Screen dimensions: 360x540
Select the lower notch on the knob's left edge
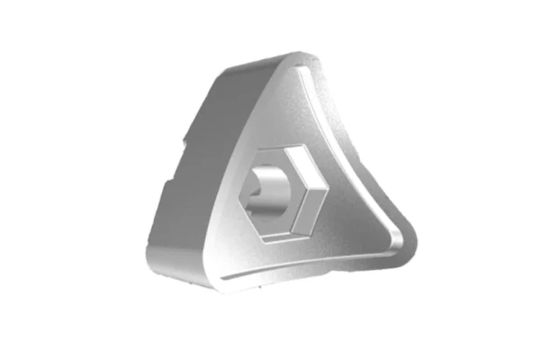166,184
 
